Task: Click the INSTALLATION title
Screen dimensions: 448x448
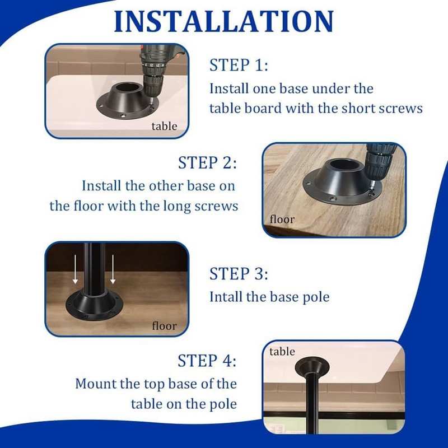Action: coord(224,21)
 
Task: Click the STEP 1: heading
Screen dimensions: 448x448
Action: coord(239,66)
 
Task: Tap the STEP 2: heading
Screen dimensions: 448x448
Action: coord(207,163)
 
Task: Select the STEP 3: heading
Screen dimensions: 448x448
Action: coord(239,274)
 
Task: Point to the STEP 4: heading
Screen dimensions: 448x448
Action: coord(207,360)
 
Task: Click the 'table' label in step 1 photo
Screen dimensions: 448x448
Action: coord(164,126)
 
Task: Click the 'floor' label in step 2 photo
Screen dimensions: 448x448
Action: coord(282,219)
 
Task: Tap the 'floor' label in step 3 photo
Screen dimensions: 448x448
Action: coord(164,325)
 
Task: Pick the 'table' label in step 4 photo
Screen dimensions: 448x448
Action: coord(282,352)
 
